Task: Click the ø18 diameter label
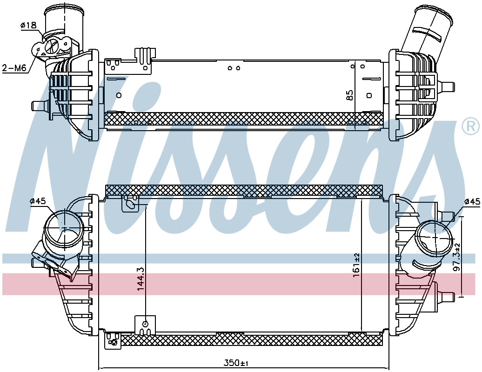pyautogui.click(x=28, y=26)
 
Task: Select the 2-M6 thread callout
pyautogui.click(x=14, y=68)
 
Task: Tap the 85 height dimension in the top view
pyautogui.click(x=349, y=95)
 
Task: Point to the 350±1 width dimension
pyautogui.click(x=236, y=363)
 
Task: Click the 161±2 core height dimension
pyautogui.click(x=356, y=265)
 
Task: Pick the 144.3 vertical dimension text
pyautogui.click(x=141, y=279)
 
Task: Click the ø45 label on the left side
pyautogui.click(x=38, y=201)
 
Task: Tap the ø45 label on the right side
pyautogui.click(x=472, y=201)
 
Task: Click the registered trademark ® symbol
pyautogui.click(x=471, y=126)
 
